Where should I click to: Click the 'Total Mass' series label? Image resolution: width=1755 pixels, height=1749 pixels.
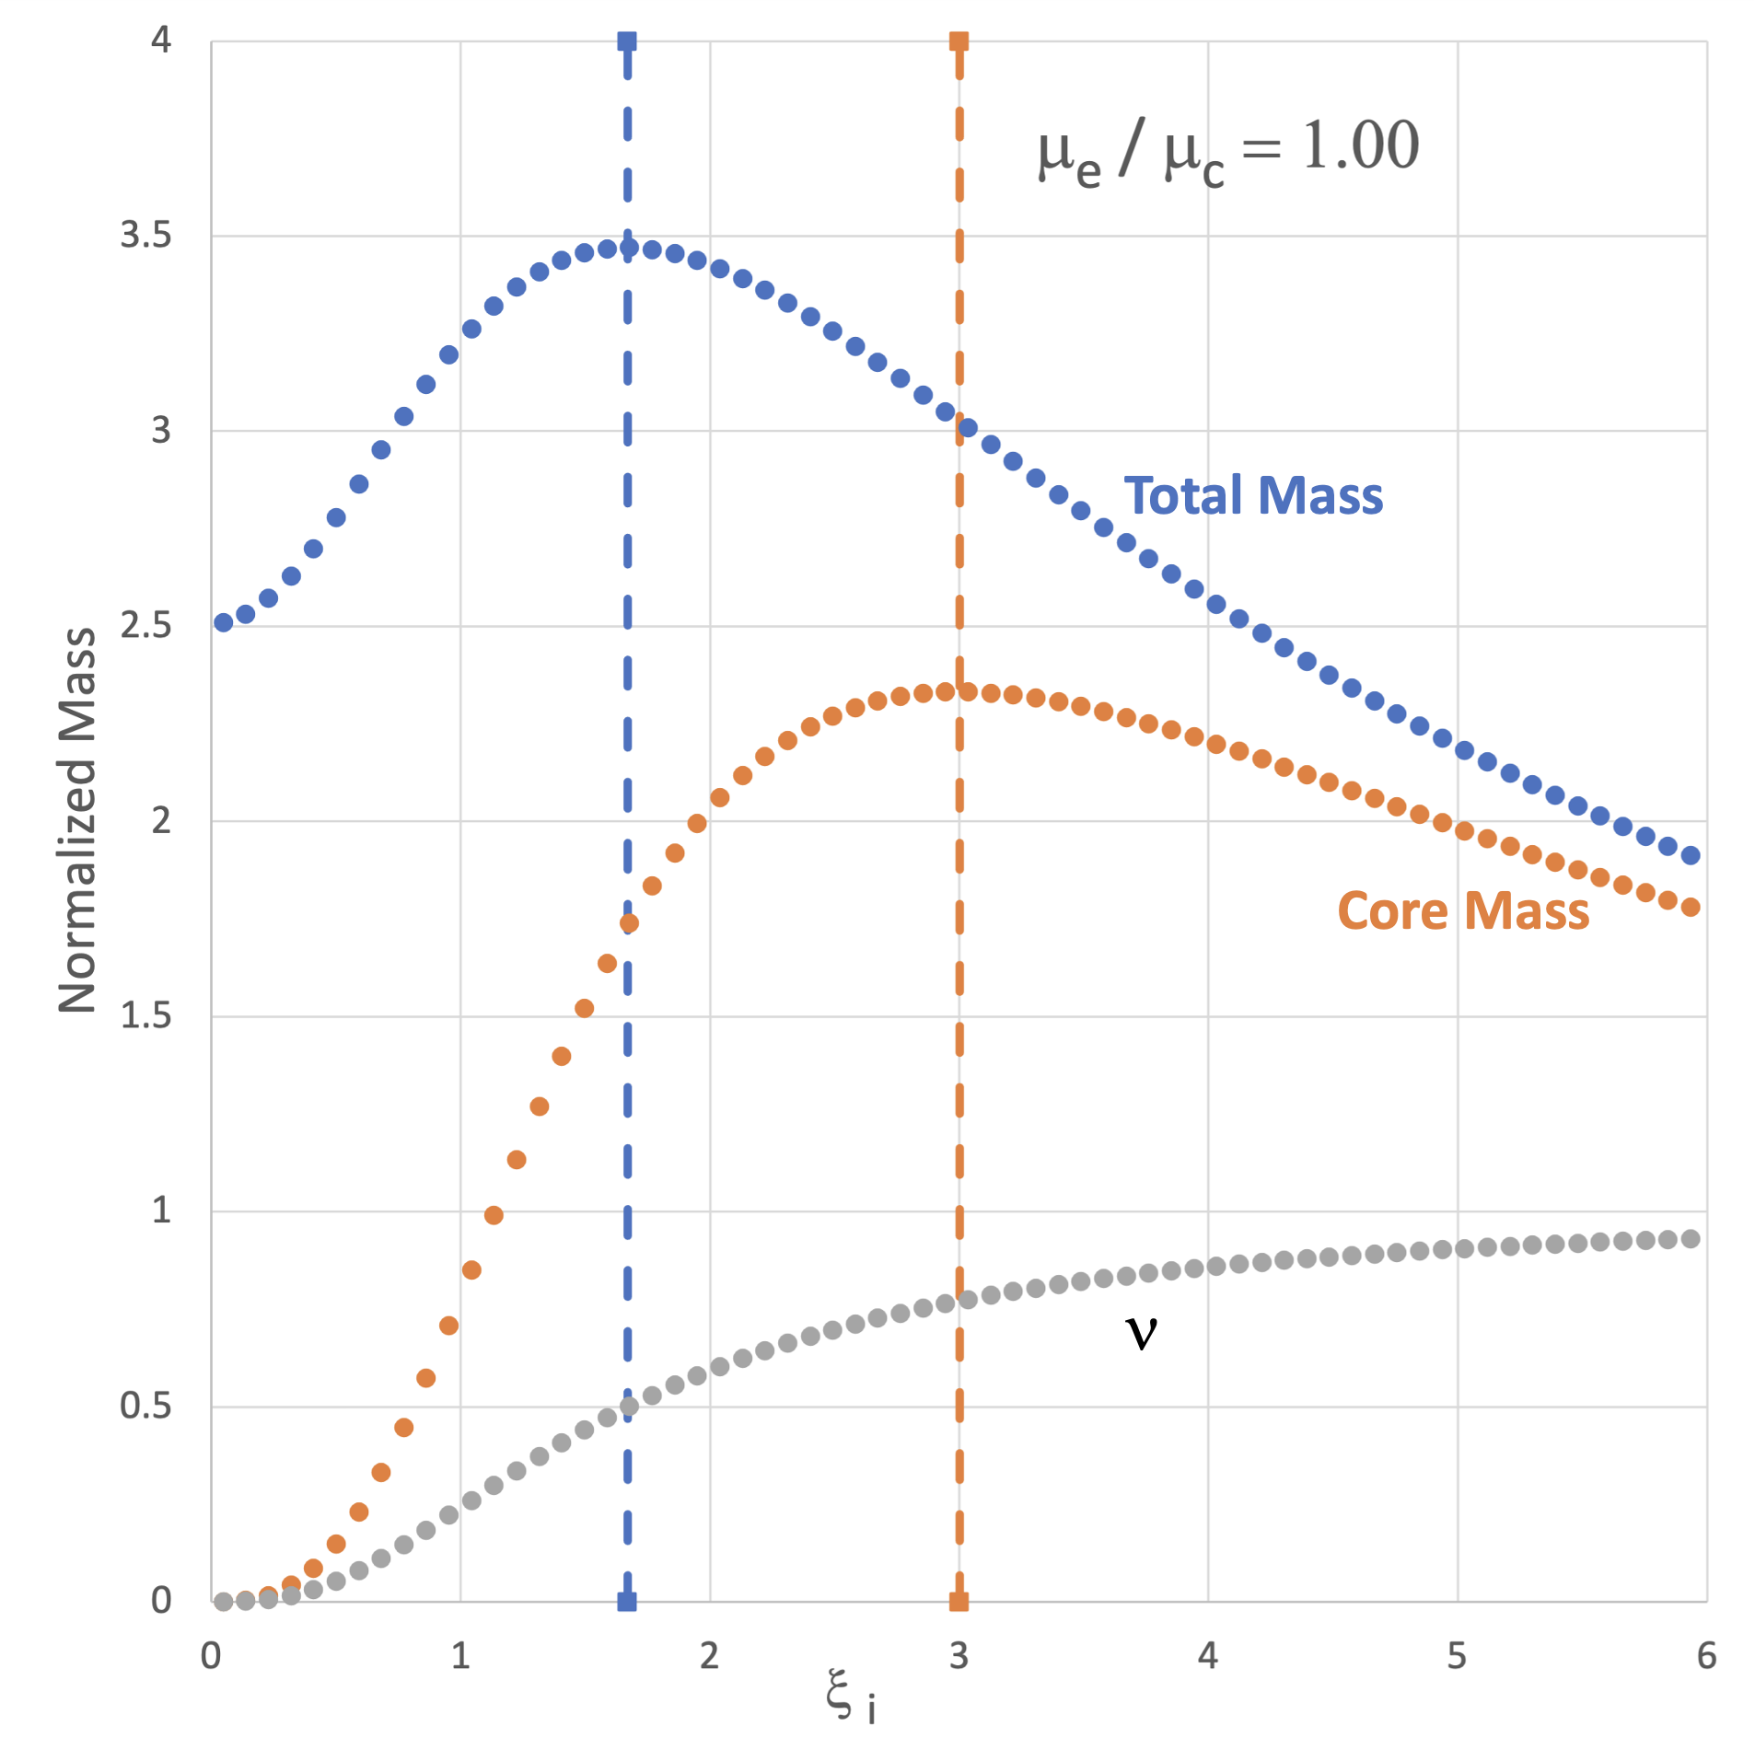click(1252, 496)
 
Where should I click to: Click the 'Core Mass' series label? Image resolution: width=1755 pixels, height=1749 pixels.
click(1462, 911)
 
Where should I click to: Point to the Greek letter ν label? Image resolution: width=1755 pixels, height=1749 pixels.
click(1141, 1332)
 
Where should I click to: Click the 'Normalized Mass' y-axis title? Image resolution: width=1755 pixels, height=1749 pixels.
click(77, 820)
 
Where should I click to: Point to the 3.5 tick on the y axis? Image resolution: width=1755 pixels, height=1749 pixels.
click(146, 236)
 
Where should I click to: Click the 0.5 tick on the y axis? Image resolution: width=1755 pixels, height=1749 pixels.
click(146, 1406)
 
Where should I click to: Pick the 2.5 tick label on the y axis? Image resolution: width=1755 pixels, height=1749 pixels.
click(146, 626)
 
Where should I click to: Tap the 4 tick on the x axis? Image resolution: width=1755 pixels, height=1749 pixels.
click(1207, 1656)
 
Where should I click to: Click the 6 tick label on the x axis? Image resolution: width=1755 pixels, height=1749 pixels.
click(1706, 1656)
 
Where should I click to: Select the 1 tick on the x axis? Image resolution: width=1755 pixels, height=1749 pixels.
click(460, 1656)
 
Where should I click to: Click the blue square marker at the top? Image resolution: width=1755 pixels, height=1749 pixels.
click(627, 41)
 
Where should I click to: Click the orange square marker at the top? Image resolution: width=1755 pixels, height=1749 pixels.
click(959, 41)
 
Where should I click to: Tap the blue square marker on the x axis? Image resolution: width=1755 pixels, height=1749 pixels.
click(627, 1602)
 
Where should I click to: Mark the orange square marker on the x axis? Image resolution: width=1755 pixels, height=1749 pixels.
click(959, 1602)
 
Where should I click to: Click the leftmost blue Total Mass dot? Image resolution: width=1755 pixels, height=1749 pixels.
click(223, 623)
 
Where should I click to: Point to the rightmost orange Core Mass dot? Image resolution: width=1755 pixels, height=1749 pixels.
click(1691, 908)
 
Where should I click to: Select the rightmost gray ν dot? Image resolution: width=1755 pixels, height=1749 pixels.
click(1691, 1239)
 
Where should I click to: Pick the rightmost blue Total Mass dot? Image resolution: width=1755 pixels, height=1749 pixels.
click(1691, 856)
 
